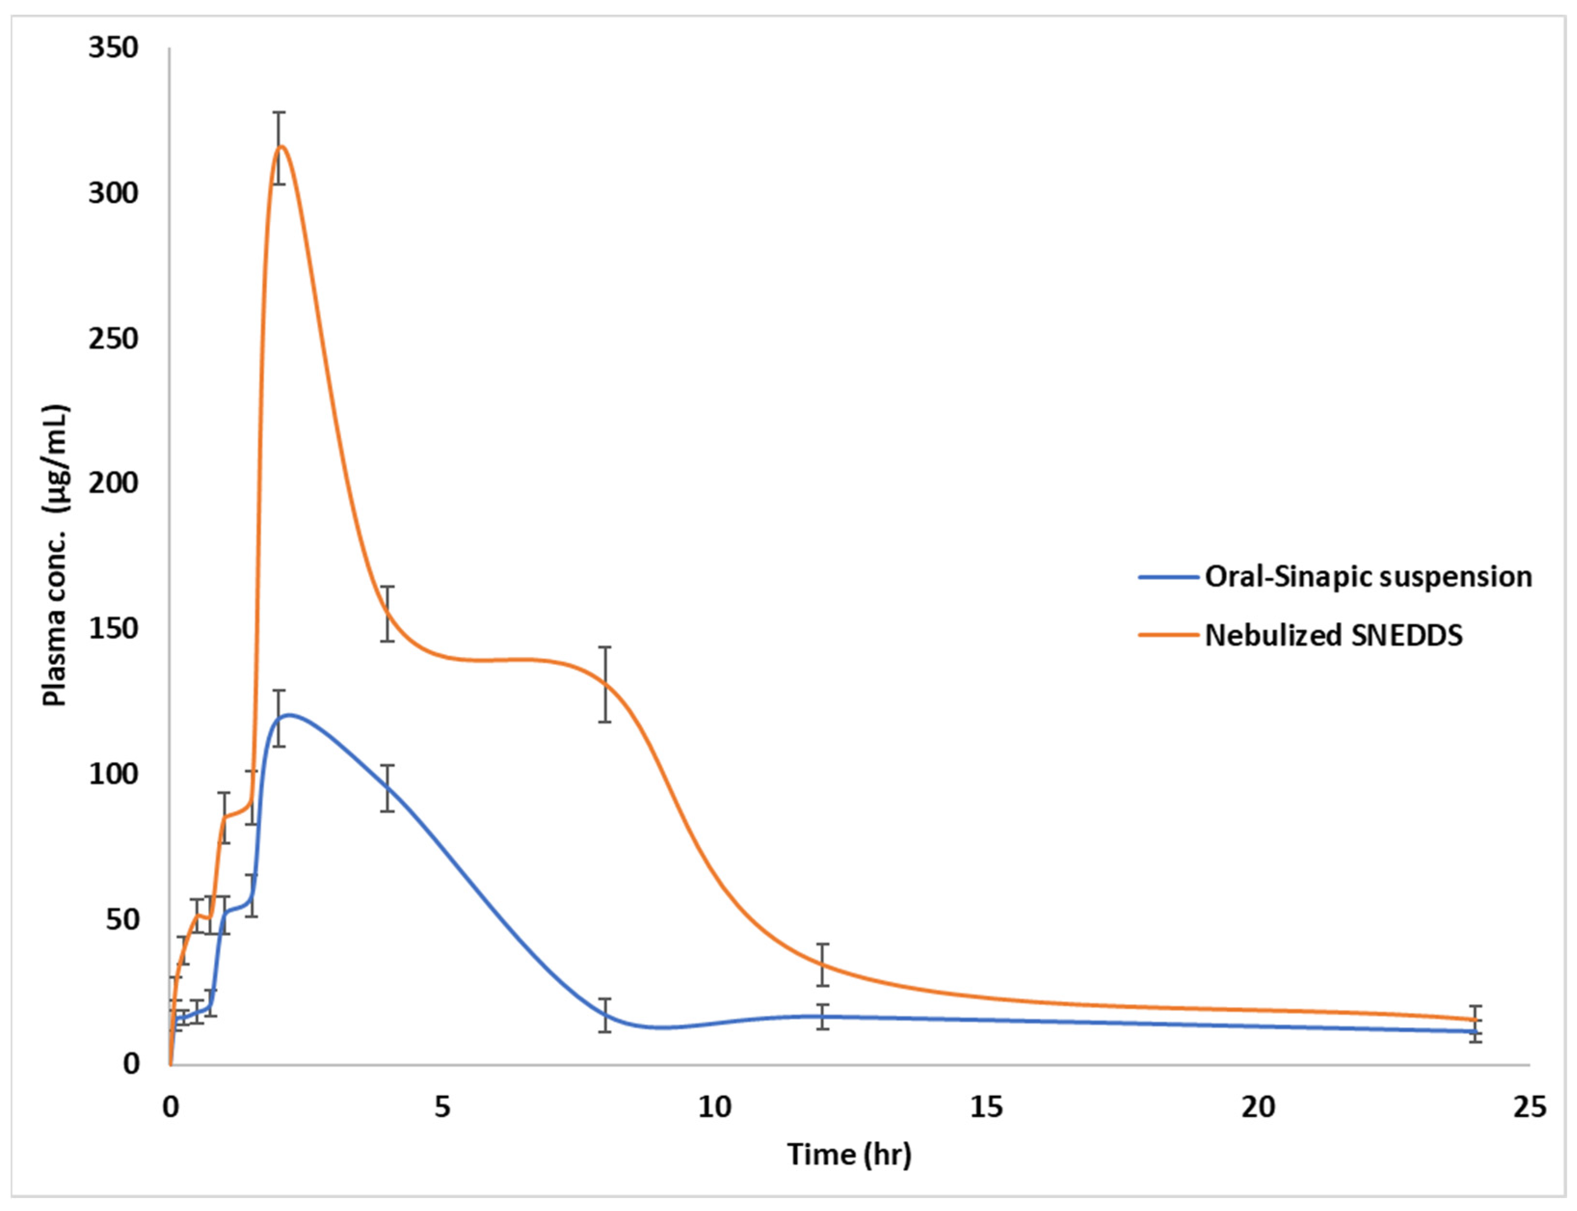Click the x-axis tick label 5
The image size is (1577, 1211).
click(442, 1108)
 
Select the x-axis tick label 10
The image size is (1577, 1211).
click(714, 1108)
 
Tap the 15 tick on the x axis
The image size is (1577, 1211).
click(986, 1108)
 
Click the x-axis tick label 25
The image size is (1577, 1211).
click(1529, 1108)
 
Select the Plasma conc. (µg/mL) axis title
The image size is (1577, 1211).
click(56, 555)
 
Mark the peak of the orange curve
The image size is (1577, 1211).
click(280, 147)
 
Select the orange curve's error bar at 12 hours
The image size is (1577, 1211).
click(823, 964)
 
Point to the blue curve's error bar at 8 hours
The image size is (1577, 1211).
click(605, 1015)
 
